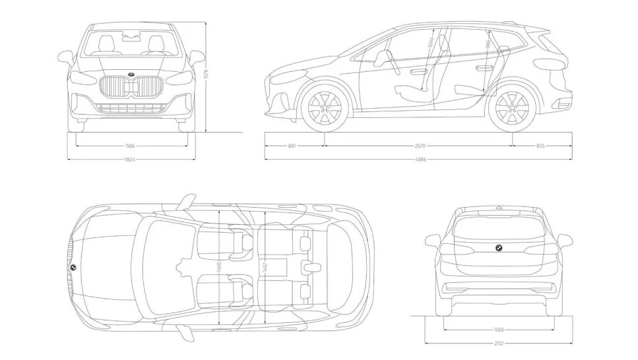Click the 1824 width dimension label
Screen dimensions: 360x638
(x=132, y=159)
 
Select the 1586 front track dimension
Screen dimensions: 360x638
(x=132, y=146)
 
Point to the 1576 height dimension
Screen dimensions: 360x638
(x=206, y=76)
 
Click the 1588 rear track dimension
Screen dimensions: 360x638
(x=499, y=329)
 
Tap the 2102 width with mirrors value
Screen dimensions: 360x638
(x=499, y=342)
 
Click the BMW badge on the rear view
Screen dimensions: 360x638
(x=499, y=248)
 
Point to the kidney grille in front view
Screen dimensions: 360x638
(x=131, y=88)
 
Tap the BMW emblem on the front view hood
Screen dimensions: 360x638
(x=131, y=73)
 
